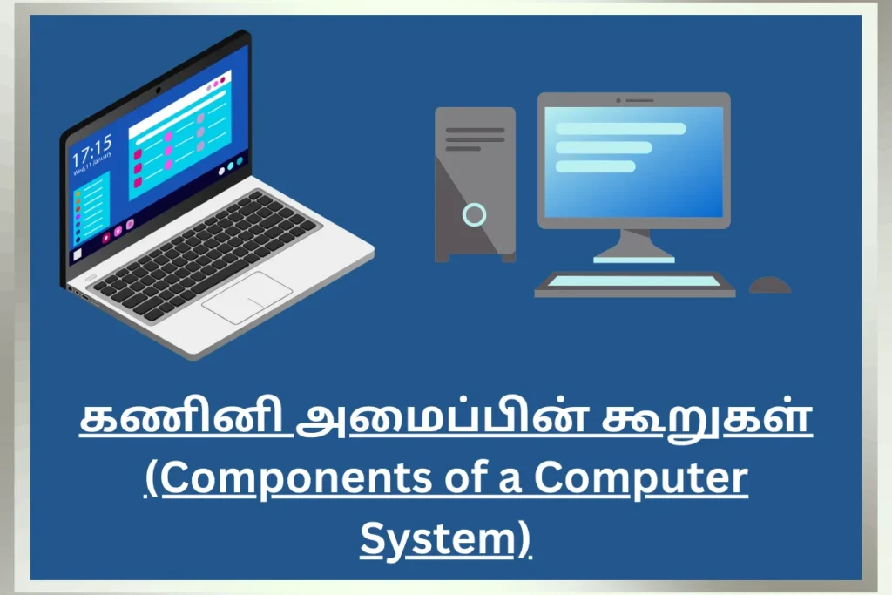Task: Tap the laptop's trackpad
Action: (x=247, y=298)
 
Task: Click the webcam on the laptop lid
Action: (x=159, y=90)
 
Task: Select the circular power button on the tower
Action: (x=474, y=214)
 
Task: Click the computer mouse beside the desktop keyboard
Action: (x=770, y=285)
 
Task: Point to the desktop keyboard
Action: (x=634, y=284)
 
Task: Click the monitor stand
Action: (x=634, y=247)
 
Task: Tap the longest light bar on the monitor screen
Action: (x=620, y=129)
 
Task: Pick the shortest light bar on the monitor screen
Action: (x=595, y=166)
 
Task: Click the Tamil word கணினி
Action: (x=186, y=418)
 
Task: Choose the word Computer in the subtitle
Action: (x=640, y=479)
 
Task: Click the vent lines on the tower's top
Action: (x=475, y=139)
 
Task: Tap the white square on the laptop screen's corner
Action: (x=78, y=255)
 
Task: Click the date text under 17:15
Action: (x=92, y=164)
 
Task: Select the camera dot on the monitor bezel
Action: (x=618, y=101)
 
